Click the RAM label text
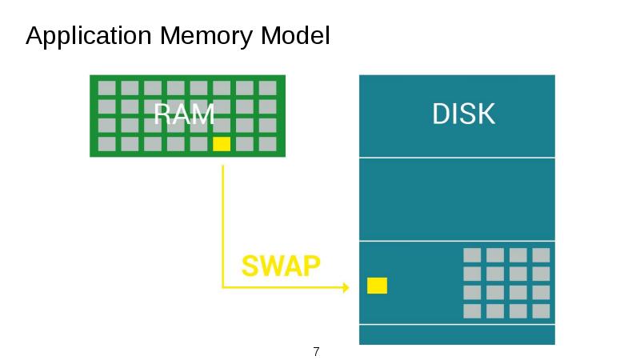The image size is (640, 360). click(x=184, y=115)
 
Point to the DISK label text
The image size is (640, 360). click(x=463, y=114)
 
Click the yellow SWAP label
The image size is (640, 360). click(x=281, y=266)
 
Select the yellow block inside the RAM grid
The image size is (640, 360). click(x=222, y=144)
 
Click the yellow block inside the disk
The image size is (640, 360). click(x=377, y=286)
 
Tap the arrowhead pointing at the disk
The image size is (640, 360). click(x=345, y=286)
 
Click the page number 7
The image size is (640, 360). click(x=316, y=352)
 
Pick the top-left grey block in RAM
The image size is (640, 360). click(x=106, y=87)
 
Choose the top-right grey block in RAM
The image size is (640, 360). click(x=268, y=87)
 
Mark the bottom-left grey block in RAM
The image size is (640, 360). click(x=106, y=144)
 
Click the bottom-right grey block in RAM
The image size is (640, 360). click(x=268, y=144)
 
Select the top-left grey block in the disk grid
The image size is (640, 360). click(x=472, y=255)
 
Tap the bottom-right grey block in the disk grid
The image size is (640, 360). click(x=542, y=310)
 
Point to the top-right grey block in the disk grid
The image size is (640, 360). click(x=542, y=255)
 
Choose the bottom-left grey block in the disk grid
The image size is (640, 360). click(x=472, y=310)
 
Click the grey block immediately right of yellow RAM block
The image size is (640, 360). click(x=245, y=144)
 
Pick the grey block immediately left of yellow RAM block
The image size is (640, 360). click(x=198, y=144)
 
